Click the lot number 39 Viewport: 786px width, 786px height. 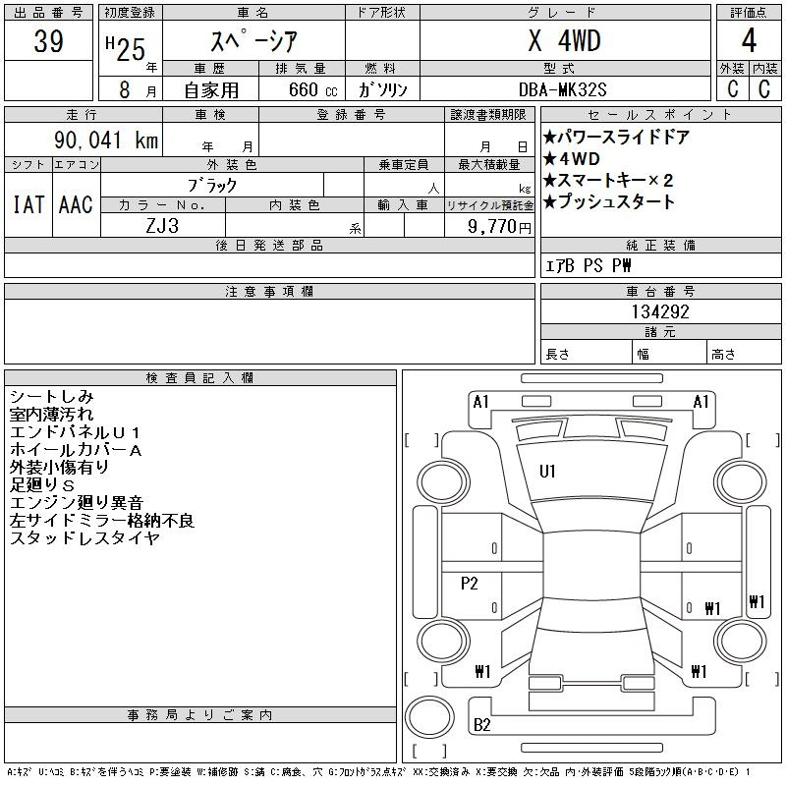(48, 40)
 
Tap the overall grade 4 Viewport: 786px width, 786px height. (749, 40)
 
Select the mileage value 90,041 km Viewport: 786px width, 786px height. (106, 140)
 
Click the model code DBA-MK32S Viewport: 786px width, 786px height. (562, 89)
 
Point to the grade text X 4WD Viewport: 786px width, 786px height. (564, 40)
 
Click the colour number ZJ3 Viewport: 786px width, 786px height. (162, 226)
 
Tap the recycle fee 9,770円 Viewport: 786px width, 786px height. (499, 227)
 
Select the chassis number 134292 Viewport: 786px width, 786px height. (660, 311)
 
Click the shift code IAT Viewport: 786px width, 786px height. (28, 204)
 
